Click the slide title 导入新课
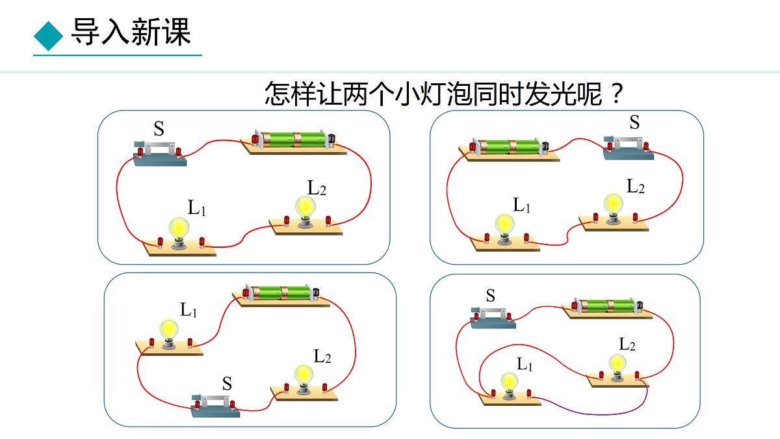131,32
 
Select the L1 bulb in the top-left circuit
179,229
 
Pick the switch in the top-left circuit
159,153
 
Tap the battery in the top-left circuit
292,139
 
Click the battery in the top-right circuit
509,146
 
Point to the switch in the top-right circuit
627,147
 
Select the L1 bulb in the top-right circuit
504,226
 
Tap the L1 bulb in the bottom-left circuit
169,330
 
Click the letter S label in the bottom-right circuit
491,297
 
